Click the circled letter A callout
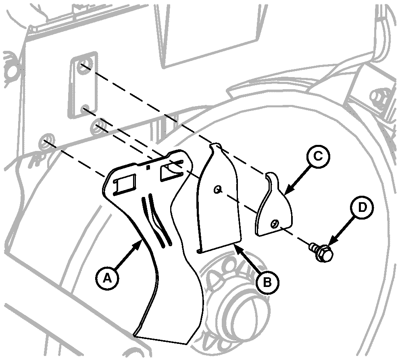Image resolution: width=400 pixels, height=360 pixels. tap(107, 278)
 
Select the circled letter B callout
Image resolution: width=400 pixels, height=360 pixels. tap(267, 283)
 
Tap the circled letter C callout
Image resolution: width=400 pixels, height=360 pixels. tap(318, 157)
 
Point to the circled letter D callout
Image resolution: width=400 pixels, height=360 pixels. tap(362, 207)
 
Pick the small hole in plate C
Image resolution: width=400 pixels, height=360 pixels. tap(274, 224)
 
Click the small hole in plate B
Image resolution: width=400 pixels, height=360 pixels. tap(218, 189)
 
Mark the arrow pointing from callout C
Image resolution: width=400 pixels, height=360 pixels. tap(297, 180)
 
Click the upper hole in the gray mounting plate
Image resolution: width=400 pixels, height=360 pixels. tap(84, 64)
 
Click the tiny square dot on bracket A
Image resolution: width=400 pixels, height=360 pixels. tap(148, 167)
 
